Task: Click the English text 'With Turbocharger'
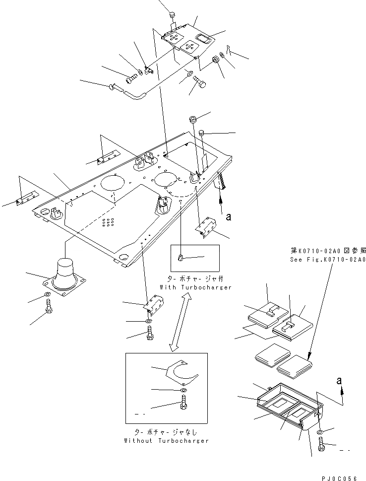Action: [x=195, y=287]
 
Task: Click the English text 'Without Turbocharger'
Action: [x=166, y=440]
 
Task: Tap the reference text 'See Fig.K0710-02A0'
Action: [x=328, y=260]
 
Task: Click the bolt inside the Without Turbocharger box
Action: [x=183, y=402]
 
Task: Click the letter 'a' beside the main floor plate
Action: [x=228, y=216]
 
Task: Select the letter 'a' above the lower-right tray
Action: [x=339, y=381]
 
